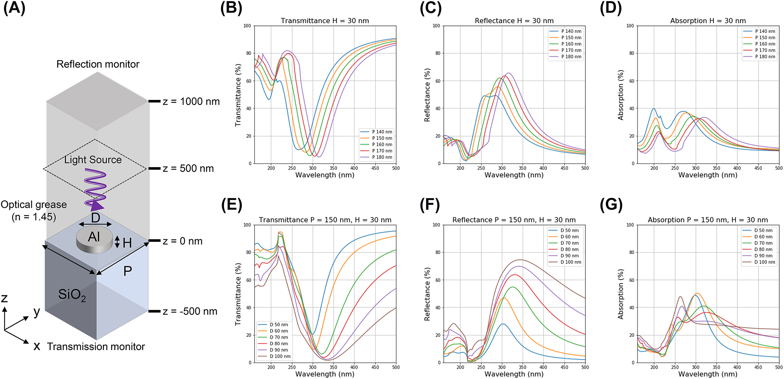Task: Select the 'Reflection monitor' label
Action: pos(98,64)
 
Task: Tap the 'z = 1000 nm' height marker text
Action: pos(191,102)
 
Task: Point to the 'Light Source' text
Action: pos(93,160)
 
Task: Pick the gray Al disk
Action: pos(94,239)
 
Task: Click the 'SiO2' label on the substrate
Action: pos(72,294)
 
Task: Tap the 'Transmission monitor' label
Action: pos(96,347)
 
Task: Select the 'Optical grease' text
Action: pos(34,205)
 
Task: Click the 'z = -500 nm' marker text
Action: pos(190,312)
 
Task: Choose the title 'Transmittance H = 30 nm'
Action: pos(325,21)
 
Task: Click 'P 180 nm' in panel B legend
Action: pos(382,157)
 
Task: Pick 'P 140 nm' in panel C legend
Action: pos(571,31)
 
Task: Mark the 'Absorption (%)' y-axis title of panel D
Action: pos(621,95)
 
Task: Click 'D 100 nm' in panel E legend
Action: pos(280,356)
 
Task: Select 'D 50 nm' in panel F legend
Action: pos(569,231)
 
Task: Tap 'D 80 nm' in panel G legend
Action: pos(764,249)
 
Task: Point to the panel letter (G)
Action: pos(611,205)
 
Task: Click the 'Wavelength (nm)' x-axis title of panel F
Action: pos(514,374)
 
